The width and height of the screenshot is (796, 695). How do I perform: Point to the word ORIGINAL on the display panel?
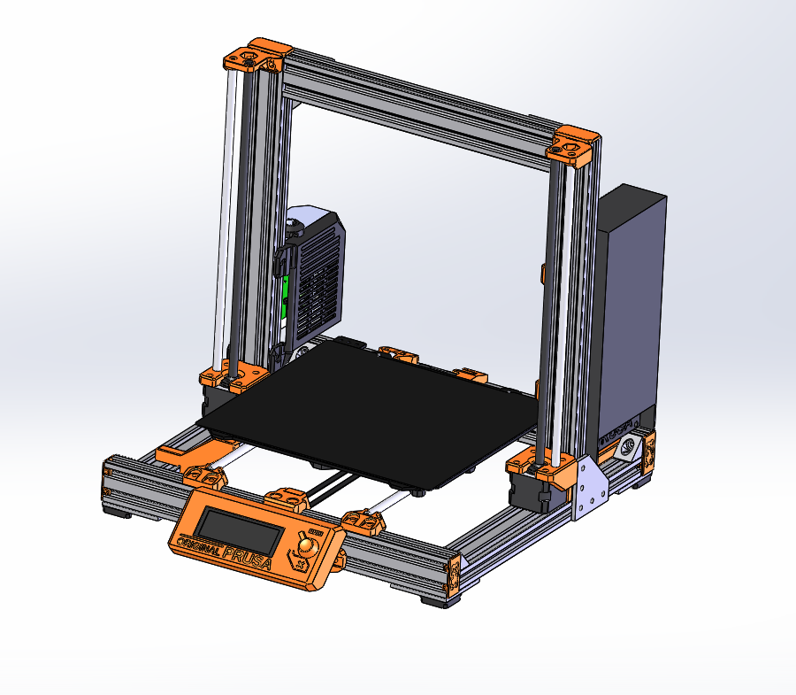(196, 543)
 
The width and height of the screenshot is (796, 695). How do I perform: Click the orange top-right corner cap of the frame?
(574, 144)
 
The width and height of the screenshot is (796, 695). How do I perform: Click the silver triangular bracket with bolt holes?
(590, 491)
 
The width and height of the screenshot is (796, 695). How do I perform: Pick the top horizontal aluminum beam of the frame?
(416, 97)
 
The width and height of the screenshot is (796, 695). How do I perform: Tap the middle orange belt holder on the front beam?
(287, 498)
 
